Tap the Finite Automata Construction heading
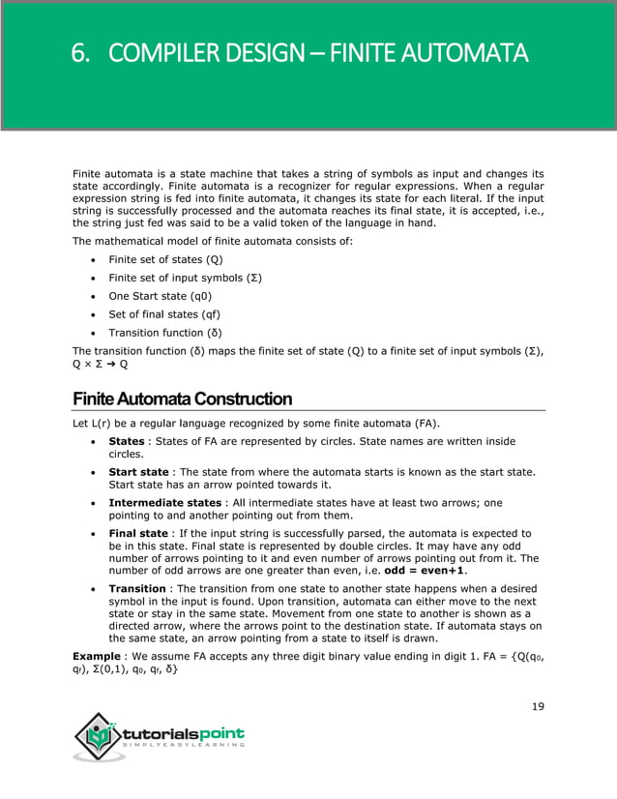pyautogui.click(x=182, y=399)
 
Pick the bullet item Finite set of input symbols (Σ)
pyautogui.click(x=186, y=278)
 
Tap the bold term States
pyautogui.click(x=127, y=441)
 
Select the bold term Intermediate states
pyautogui.click(x=165, y=503)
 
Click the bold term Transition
pyautogui.click(x=137, y=588)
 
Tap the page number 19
pyautogui.click(x=538, y=706)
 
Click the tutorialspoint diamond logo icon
pyautogui.click(x=97, y=740)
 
